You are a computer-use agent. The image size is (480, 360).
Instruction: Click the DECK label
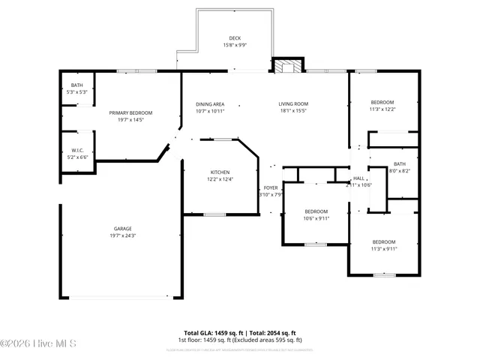tap(235, 38)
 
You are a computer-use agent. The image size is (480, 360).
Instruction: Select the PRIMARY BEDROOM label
tap(125, 112)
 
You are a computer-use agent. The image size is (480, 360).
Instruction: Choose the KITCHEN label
tap(220, 172)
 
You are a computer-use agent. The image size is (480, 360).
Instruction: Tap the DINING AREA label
tap(210, 104)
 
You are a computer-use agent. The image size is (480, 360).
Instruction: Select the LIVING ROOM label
tap(293, 104)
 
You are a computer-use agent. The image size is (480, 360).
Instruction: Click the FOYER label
tap(271, 187)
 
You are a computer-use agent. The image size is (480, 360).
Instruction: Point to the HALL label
tap(358, 178)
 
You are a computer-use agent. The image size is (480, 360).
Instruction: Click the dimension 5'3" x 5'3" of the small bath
tap(78, 91)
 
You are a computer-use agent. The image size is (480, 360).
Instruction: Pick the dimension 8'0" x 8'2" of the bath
tap(399, 171)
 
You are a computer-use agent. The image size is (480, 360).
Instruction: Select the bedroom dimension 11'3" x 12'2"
tap(382, 109)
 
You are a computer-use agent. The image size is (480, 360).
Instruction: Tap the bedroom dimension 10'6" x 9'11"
tap(316, 218)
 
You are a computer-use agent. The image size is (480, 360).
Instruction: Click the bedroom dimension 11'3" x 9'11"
tap(384, 248)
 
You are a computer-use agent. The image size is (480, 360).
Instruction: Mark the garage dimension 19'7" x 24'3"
tap(123, 235)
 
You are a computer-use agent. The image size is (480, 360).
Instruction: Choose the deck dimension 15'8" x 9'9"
tap(235, 46)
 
